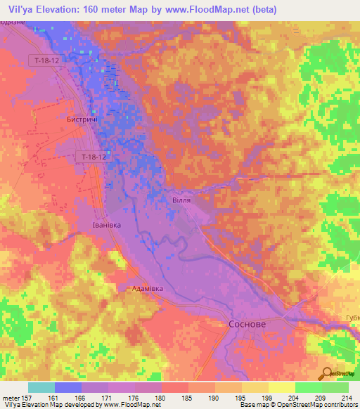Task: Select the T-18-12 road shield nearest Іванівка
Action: (x=93, y=157)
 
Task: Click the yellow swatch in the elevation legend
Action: (x=281, y=387)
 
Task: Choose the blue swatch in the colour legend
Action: (x=68, y=387)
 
